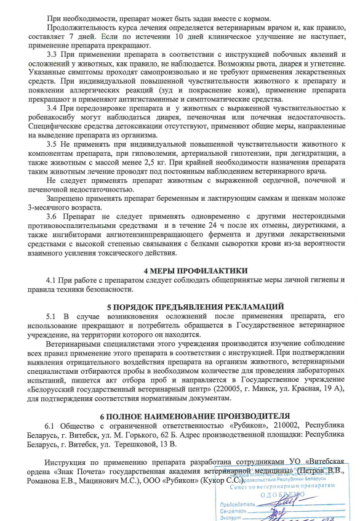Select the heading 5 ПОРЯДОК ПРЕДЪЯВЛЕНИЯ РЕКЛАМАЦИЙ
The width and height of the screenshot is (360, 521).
tap(195, 305)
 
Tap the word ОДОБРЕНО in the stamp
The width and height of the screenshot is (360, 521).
tap(282, 494)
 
